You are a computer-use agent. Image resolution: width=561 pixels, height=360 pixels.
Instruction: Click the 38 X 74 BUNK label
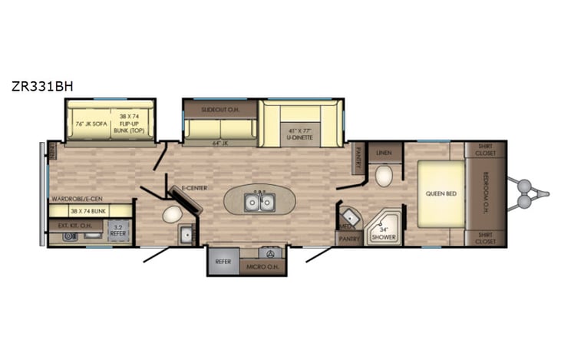click(88, 210)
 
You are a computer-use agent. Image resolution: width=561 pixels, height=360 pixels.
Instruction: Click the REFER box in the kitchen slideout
click(223, 262)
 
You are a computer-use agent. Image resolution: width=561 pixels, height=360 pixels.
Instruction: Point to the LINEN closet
click(384, 154)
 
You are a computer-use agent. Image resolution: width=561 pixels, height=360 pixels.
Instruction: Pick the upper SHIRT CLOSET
click(484, 150)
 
